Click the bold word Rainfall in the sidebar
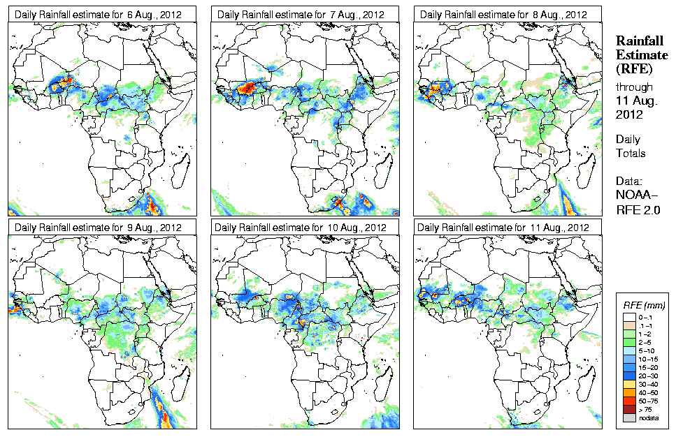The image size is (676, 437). click(x=639, y=41)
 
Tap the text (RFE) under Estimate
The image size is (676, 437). click(x=633, y=68)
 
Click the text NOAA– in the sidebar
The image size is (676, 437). click(x=637, y=195)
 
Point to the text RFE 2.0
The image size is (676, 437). click(x=638, y=208)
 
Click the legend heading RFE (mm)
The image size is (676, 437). click(x=644, y=305)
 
